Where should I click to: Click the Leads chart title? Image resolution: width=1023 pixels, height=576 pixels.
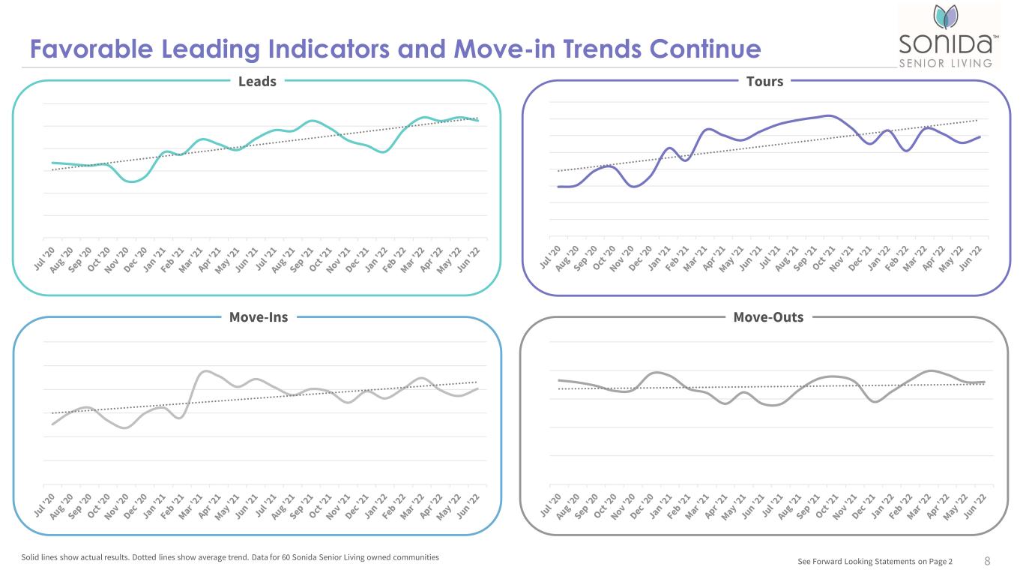pyautogui.click(x=257, y=81)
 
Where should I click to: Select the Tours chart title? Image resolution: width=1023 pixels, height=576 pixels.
pyautogui.click(x=764, y=81)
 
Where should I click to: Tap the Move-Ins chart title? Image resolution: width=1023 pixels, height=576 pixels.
pyautogui.click(x=259, y=317)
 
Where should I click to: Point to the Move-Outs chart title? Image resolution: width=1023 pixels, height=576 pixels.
pyautogui.click(x=768, y=317)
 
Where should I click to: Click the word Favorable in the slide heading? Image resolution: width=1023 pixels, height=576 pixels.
pyautogui.click(x=91, y=49)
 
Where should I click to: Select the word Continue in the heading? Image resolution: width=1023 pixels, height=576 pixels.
pyautogui.click(x=705, y=49)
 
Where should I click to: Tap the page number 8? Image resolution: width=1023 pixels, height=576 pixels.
pyautogui.click(x=987, y=561)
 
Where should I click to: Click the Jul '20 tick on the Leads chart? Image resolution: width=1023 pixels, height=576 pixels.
pyautogui.click(x=45, y=259)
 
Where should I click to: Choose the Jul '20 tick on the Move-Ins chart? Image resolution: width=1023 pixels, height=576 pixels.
pyautogui.click(x=45, y=505)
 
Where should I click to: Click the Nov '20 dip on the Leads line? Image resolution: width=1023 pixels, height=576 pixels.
pyautogui.click(x=132, y=181)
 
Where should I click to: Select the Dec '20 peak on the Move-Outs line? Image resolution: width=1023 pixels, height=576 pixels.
pyautogui.click(x=657, y=373)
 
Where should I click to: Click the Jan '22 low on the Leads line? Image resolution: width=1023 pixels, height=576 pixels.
pyautogui.click(x=383, y=151)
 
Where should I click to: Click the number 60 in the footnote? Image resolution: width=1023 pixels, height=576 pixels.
pyautogui.click(x=286, y=557)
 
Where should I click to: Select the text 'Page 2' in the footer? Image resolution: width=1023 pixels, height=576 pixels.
pyautogui.click(x=941, y=561)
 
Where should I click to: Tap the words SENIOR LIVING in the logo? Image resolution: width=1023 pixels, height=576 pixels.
pyautogui.click(x=945, y=63)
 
